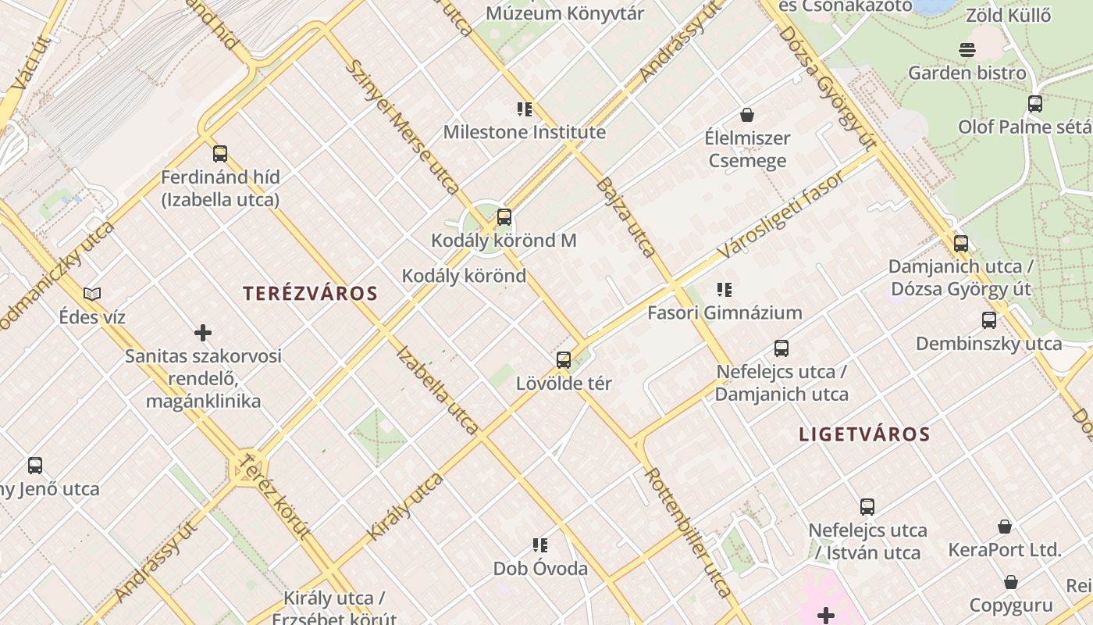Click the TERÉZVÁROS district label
pos(310,294)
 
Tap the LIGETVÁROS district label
pos(864,435)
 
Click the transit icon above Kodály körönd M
pos(504,217)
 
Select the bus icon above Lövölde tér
pos(564,360)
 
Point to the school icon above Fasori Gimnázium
pos(725,290)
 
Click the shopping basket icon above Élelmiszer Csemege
pos(747,115)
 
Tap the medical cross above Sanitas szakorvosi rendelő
pos(203,334)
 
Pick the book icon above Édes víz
pos(92,295)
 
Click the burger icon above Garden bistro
pos(967,50)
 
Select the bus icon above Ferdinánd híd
pos(220,154)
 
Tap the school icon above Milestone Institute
pos(525,109)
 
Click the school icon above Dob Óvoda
pos(540,545)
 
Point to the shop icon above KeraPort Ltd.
pos(1005,527)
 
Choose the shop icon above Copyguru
pos(1011,582)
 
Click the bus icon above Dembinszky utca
pos(989,320)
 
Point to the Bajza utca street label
pos(625,216)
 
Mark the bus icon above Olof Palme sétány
pos(1035,104)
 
